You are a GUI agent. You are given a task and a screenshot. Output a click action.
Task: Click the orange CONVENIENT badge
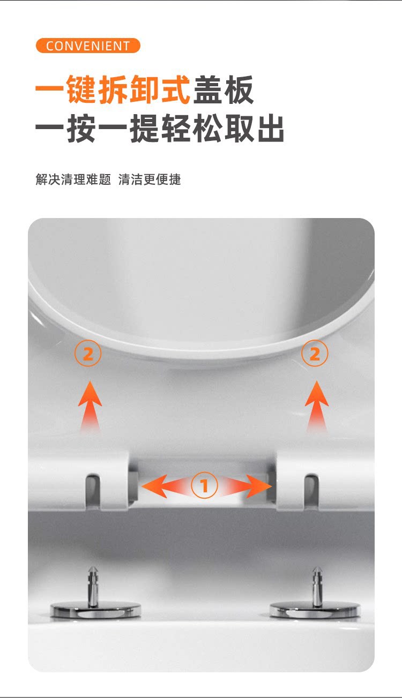pos(88,46)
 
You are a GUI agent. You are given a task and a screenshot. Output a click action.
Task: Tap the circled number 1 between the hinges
pos(204,485)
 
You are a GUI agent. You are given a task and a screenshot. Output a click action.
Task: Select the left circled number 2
pos(88,353)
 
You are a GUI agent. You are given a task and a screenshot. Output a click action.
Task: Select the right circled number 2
pos(315,353)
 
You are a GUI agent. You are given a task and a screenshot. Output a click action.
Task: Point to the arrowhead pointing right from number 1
pos(259,486)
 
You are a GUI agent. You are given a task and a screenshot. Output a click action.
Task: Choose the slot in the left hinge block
pos(93,491)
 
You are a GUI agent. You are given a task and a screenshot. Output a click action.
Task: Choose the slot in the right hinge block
pos(311,491)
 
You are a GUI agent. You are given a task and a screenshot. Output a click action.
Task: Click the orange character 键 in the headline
pos(81,89)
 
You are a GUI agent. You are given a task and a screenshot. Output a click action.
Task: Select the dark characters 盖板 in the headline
pos(224,89)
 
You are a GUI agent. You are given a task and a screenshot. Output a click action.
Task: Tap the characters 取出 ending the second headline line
pos(254,128)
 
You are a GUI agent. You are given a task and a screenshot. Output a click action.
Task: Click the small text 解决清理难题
pos(73,179)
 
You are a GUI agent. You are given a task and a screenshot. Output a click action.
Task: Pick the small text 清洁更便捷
pos(150,179)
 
